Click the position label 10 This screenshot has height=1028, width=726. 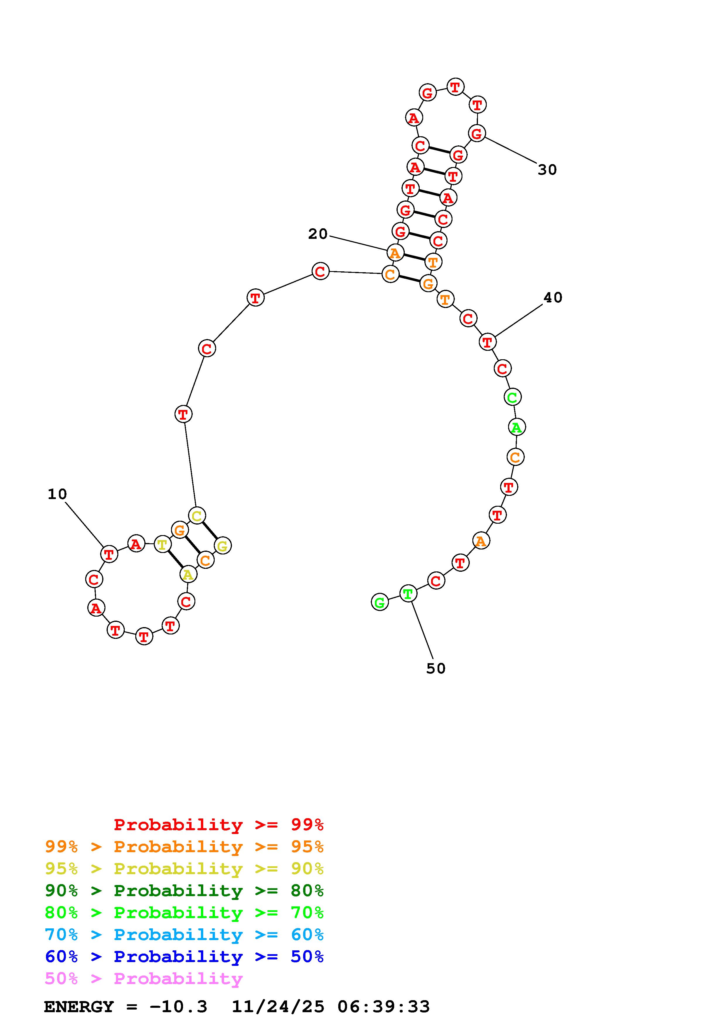[x=57, y=494]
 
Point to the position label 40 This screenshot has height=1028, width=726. [x=553, y=297]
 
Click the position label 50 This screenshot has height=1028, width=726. [x=436, y=668]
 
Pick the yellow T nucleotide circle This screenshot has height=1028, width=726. [x=162, y=544]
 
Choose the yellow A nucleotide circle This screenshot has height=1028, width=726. [x=188, y=574]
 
